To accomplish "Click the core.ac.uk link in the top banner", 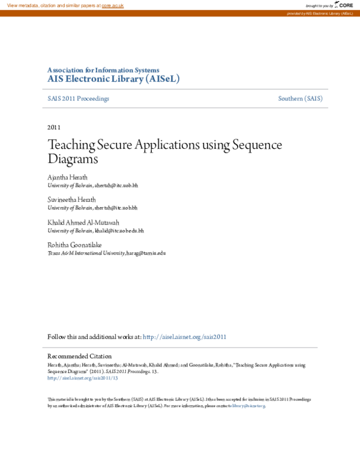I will pyautogui.click(x=112, y=5).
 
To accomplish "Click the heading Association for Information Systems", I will pyautogui.click(x=103, y=70).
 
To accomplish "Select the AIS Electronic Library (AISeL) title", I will pyautogui.click(x=113, y=79).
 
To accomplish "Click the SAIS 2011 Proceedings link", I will pyautogui.click(x=78, y=98).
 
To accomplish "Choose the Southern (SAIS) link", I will pyautogui.click(x=300, y=98).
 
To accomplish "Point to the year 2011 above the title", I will pyautogui.click(x=53, y=127).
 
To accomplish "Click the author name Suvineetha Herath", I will pyautogui.click(x=71, y=199).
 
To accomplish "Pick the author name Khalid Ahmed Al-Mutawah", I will pyautogui.click(x=83, y=222).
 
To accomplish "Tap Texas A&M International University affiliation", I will pyautogui.click(x=86, y=253).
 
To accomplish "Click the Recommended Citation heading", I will pyautogui.click(x=79, y=356).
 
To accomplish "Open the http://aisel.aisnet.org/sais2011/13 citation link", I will pyautogui.click(x=83, y=378).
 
